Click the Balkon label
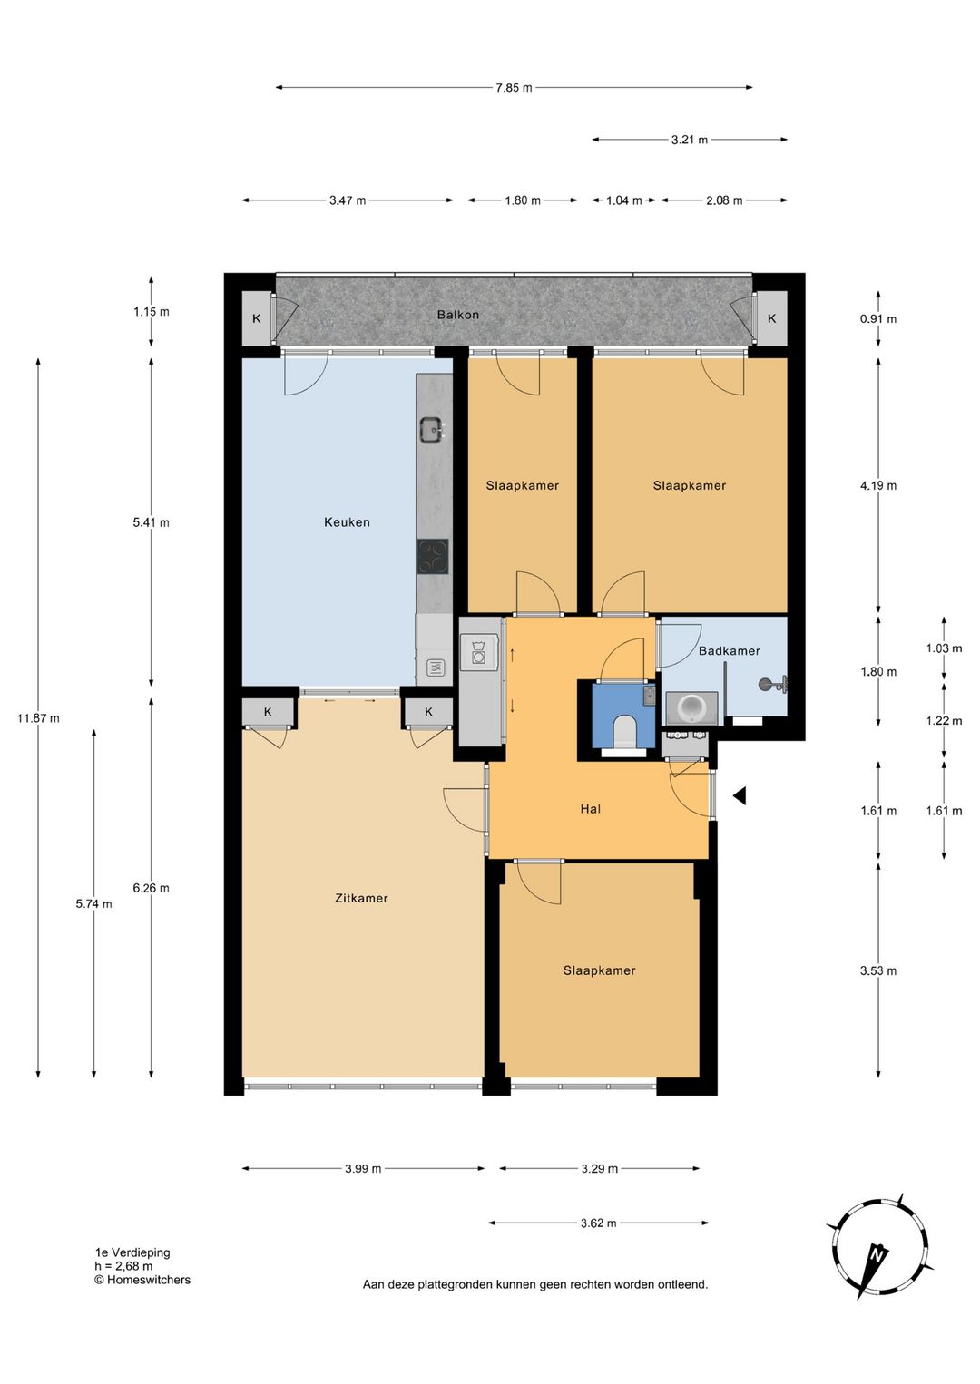pyautogui.click(x=457, y=315)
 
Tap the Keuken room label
pyautogui.click(x=347, y=522)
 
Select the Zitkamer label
pyautogui.click(x=361, y=899)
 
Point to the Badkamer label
pyautogui.click(x=729, y=650)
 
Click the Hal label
pyautogui.click(x=591, y=809)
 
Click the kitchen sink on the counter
pyautogui.click(x=432, y=429)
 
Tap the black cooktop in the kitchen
pyautogui.click(x=433, y=557)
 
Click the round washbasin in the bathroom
pyautogui.click(x=691, y=708)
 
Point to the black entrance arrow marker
pyautogui.click(x=740, y=795)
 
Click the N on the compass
pyautogui.click(x=877, y=1254)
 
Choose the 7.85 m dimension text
pyautogui.click(x=514, y=88)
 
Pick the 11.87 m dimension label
pyautogui.click(x=38, y=718)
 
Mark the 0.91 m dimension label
pyautogui.click(x=878, y=319)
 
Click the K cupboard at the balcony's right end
pyautogui.click(x=771, y=318)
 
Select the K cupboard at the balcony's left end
pyautogui.click(x=257, y=318)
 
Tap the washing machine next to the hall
pyautogui.click(x=478, y=652)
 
